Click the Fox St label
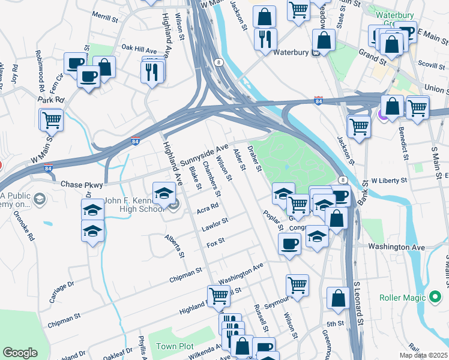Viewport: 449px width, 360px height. click(x=215, y=241)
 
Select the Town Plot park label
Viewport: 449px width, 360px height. click(x=175, y=346)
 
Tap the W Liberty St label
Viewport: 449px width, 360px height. click(x=389, y=180)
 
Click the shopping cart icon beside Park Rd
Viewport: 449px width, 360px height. click(x=52, y=119)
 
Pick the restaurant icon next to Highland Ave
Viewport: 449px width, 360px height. click(x=152, y=71)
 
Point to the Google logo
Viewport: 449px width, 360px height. click(x=20, y=353)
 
